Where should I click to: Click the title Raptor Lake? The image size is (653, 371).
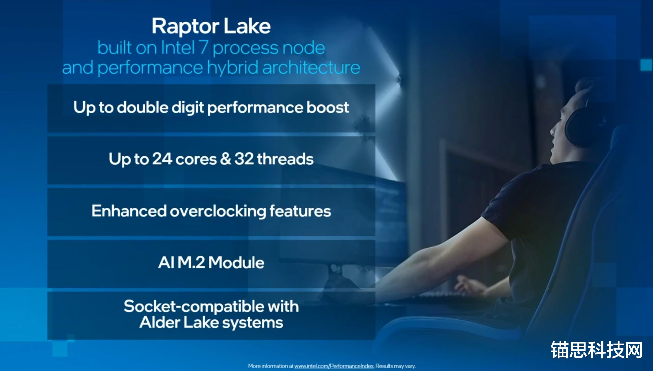point(211,27)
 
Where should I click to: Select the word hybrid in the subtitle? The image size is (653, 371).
point(233,68)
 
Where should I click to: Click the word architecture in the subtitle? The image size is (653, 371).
point(311,68)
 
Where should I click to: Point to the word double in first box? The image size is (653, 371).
point(143,107)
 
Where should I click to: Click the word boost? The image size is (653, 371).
point(327,107)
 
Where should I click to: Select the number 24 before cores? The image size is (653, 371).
point(162,159)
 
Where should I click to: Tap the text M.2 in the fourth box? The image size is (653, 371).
point(191,263)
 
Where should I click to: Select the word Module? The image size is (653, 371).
point(236,263)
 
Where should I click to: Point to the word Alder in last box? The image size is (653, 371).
point(159,323)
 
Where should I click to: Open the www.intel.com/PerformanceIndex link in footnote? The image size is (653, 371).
point(334,366)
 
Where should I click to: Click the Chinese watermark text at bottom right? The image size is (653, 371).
point(596,350)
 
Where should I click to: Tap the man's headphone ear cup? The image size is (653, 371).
point(583,127)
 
